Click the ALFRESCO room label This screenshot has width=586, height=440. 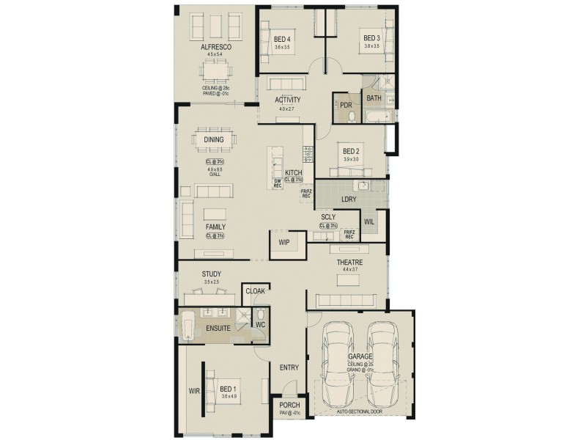click(216, 47)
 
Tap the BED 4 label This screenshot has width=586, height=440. click(283, 39)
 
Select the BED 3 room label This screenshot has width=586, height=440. click(371, 38)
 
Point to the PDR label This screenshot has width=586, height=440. click(346, 105)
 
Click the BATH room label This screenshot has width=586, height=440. click(374, 98)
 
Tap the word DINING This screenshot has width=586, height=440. click(215, 139)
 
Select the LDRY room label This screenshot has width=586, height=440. click(348, 199)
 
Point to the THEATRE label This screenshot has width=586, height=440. click(350, 262)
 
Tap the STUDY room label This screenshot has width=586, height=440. click(212, 274)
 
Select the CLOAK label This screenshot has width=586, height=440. click(254, 290)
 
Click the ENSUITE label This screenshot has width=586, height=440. click(220, 329)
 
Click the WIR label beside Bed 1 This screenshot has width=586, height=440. click(194, 391)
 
